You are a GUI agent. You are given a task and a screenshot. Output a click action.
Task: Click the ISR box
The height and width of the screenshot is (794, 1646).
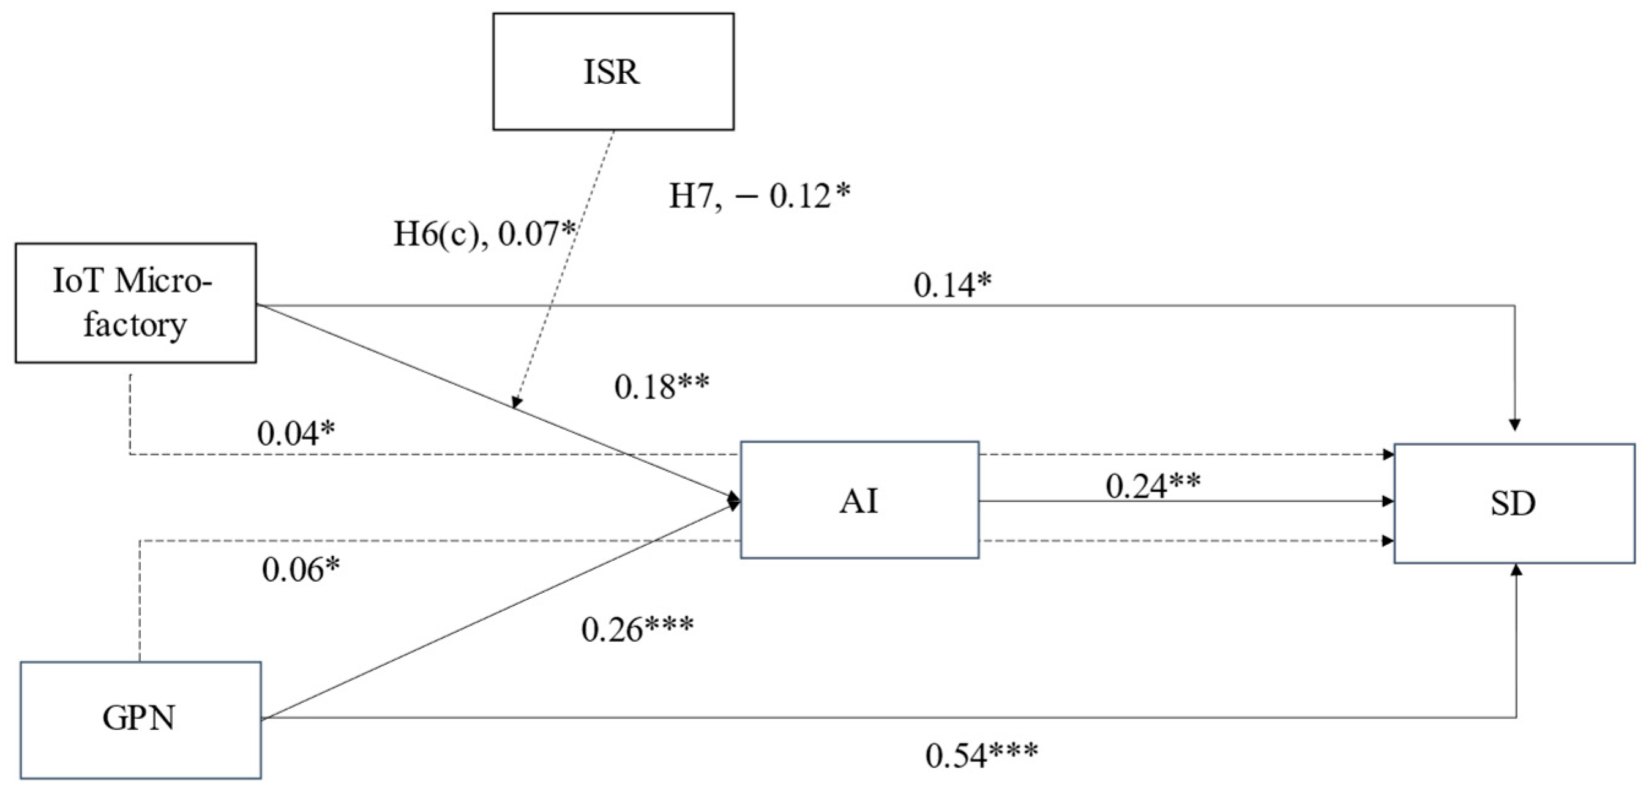(613, 72)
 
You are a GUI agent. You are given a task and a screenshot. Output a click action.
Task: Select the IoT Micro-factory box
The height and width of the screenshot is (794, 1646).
(135, 303)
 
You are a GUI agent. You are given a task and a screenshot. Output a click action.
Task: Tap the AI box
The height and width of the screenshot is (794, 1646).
(859, 500)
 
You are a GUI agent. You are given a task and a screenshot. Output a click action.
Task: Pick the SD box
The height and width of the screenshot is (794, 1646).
(1514, 504)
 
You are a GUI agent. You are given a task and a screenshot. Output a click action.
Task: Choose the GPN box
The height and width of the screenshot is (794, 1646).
(140, 720)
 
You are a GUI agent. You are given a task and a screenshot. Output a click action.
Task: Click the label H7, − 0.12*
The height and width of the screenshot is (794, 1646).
(759, 196)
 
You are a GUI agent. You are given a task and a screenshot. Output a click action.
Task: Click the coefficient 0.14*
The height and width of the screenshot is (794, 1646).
(952, 285)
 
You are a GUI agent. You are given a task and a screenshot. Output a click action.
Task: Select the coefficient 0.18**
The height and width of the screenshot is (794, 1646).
(661, 387)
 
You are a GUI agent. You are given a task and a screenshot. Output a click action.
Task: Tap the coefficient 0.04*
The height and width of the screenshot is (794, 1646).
(296, 434)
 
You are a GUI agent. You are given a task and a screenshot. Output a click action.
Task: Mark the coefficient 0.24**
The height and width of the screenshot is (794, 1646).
(1153, 487)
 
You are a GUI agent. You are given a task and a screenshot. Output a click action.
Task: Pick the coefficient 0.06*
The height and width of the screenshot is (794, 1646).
(301, 569)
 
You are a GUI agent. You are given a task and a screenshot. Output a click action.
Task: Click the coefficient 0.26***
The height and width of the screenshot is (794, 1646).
(637, 629)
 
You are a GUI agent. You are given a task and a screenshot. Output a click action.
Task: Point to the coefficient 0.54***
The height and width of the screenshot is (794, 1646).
(981, 755)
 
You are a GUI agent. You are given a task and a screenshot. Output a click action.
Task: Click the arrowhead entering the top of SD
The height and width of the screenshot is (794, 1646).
(1514, 424)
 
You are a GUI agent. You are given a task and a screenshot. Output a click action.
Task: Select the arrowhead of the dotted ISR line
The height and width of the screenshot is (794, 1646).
(516, 402)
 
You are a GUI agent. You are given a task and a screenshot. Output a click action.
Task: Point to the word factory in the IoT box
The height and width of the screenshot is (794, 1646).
(135, 324)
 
